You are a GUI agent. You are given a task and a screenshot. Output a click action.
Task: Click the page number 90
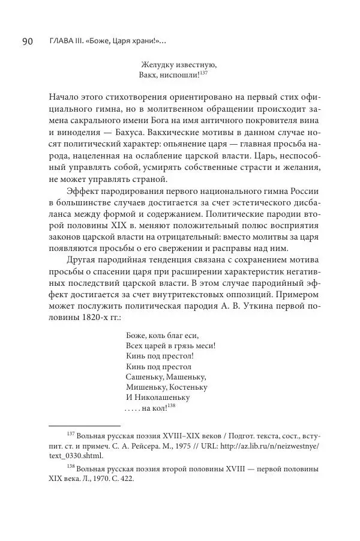pos(28,41)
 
